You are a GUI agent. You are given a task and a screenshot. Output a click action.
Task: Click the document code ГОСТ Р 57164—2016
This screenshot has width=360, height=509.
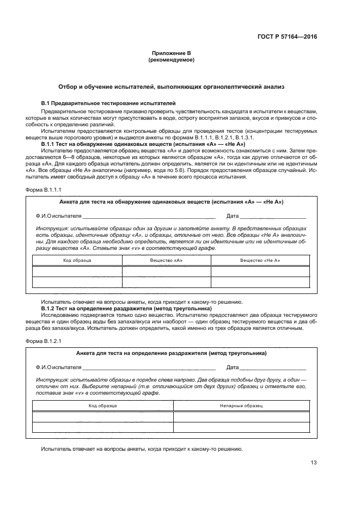(287, 37)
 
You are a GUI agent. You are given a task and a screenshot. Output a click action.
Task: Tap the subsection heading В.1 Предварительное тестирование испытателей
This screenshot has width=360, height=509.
(108, 103)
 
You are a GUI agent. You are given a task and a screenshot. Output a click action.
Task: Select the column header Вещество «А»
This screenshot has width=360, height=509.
(166, 260)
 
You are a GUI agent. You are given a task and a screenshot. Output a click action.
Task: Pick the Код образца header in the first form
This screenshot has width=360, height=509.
(77, 260)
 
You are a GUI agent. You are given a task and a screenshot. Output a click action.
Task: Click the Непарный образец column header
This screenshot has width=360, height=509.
(241, 406)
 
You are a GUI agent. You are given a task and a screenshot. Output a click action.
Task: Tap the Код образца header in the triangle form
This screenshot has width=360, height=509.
(103, 406)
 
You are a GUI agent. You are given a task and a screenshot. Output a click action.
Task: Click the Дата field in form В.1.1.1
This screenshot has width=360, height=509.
(270, 216)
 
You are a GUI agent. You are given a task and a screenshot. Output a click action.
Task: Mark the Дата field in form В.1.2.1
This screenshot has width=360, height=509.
(270, 367)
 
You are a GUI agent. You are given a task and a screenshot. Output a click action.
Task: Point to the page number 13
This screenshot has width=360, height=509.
(314, 463)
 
